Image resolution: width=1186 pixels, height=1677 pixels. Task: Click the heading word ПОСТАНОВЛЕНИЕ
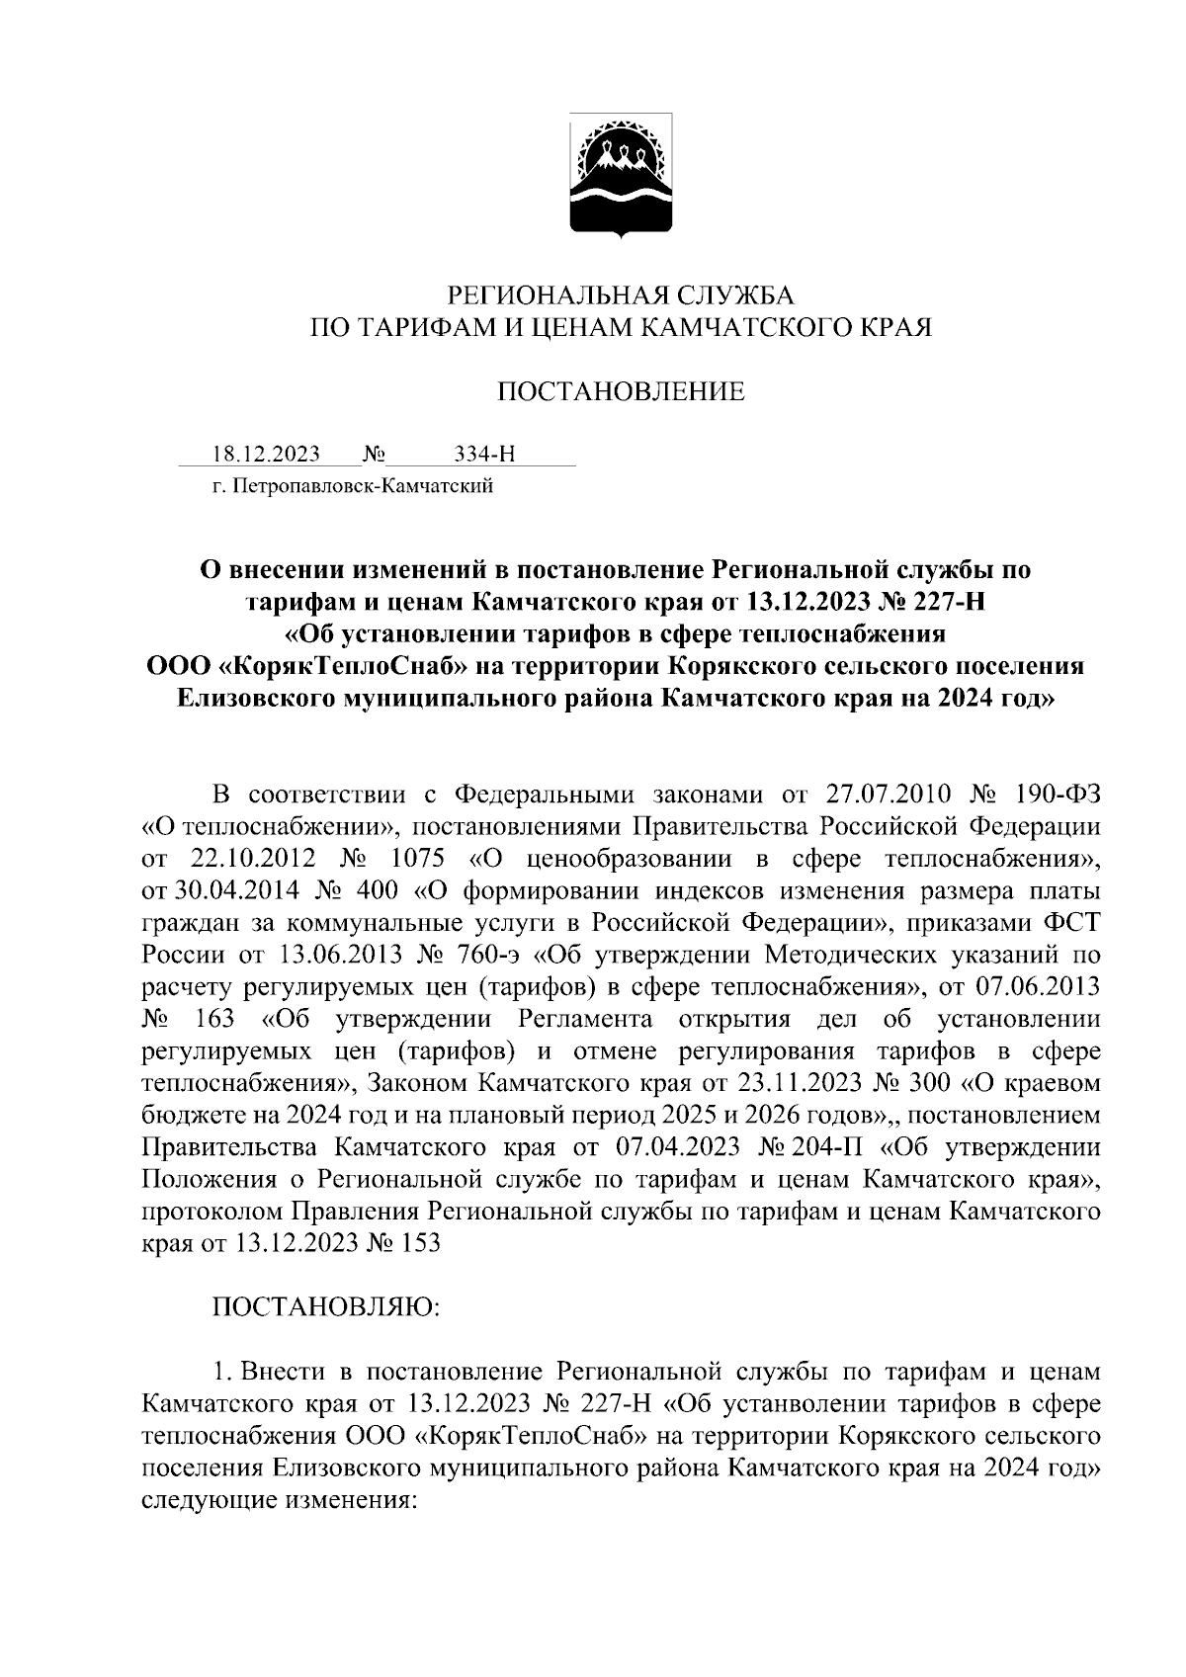[x=621, y=392]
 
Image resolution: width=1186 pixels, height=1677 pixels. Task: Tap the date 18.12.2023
[x=266, y=455]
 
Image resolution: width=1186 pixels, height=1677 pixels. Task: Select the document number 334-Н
[x=484, y=455]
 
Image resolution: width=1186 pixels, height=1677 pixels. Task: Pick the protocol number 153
[x=421, y=1243]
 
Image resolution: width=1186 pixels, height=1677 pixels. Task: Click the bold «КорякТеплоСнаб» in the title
[x=340, y=666]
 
